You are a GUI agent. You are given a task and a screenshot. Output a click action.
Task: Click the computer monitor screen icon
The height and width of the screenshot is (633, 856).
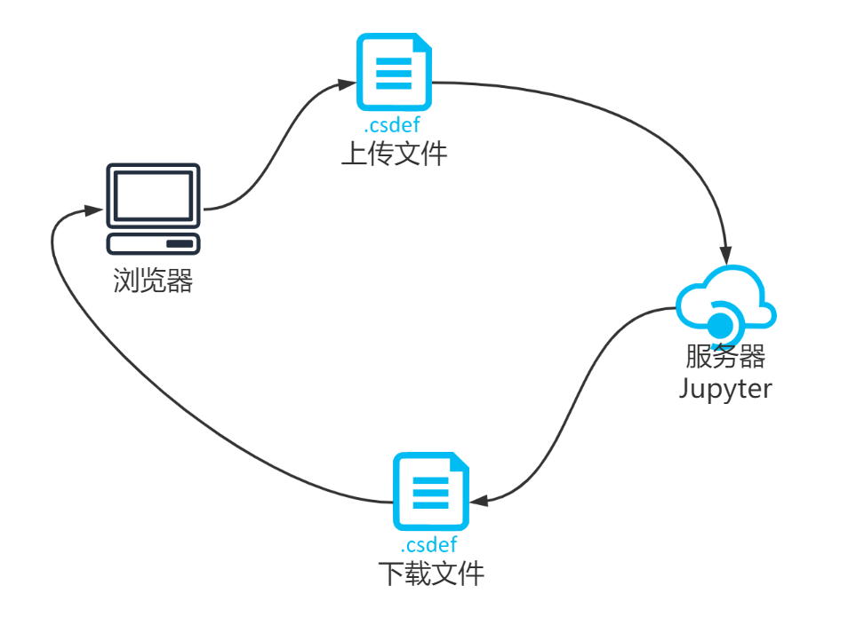click(x=153, y=195)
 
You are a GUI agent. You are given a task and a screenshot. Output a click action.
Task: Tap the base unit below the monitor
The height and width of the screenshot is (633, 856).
click(x=153, y=244)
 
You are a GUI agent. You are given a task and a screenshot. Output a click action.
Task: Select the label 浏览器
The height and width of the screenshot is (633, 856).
click(x=153, y=281)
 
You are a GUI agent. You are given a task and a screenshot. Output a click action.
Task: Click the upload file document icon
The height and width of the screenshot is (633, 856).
click(x=394, y=72)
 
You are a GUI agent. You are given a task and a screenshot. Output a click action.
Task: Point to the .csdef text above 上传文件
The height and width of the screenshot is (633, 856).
click(x=392, y=125)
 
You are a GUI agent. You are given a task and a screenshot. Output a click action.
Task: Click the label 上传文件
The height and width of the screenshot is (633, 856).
click(x=394, y=154)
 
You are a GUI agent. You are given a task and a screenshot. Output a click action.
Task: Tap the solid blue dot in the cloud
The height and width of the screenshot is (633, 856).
click(x=720, y=326)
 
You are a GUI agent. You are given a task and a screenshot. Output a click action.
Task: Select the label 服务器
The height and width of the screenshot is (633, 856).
click(x=725, y=357)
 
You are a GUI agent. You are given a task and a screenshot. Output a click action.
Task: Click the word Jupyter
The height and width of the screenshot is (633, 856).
click(x=725, y=389)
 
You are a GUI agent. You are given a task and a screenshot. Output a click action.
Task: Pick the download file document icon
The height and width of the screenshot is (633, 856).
click(x=431, y=491)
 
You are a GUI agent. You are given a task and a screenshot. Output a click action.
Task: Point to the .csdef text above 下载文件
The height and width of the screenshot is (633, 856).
click(x=429, y=544)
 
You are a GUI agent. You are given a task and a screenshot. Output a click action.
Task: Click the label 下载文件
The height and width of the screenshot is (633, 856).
click(x=431, y=573)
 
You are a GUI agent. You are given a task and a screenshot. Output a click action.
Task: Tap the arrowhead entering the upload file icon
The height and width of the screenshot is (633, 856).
click(x=348, y=84)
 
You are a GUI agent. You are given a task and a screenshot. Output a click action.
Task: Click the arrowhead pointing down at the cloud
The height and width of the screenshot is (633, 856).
click(x=725, y=255)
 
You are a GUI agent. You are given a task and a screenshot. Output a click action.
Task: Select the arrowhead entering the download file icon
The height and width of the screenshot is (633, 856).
click(x=479, y=501)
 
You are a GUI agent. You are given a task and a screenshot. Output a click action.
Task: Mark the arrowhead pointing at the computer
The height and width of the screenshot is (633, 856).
click(x=93, y=210)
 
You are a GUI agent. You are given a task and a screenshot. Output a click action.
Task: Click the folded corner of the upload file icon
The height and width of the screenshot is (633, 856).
click(x=424, y=42)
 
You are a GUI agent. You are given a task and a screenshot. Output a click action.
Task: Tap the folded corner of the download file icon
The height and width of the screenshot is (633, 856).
click(x=461, y=461)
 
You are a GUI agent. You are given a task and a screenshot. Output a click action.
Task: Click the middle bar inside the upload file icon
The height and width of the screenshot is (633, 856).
click(x=394, y=74)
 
